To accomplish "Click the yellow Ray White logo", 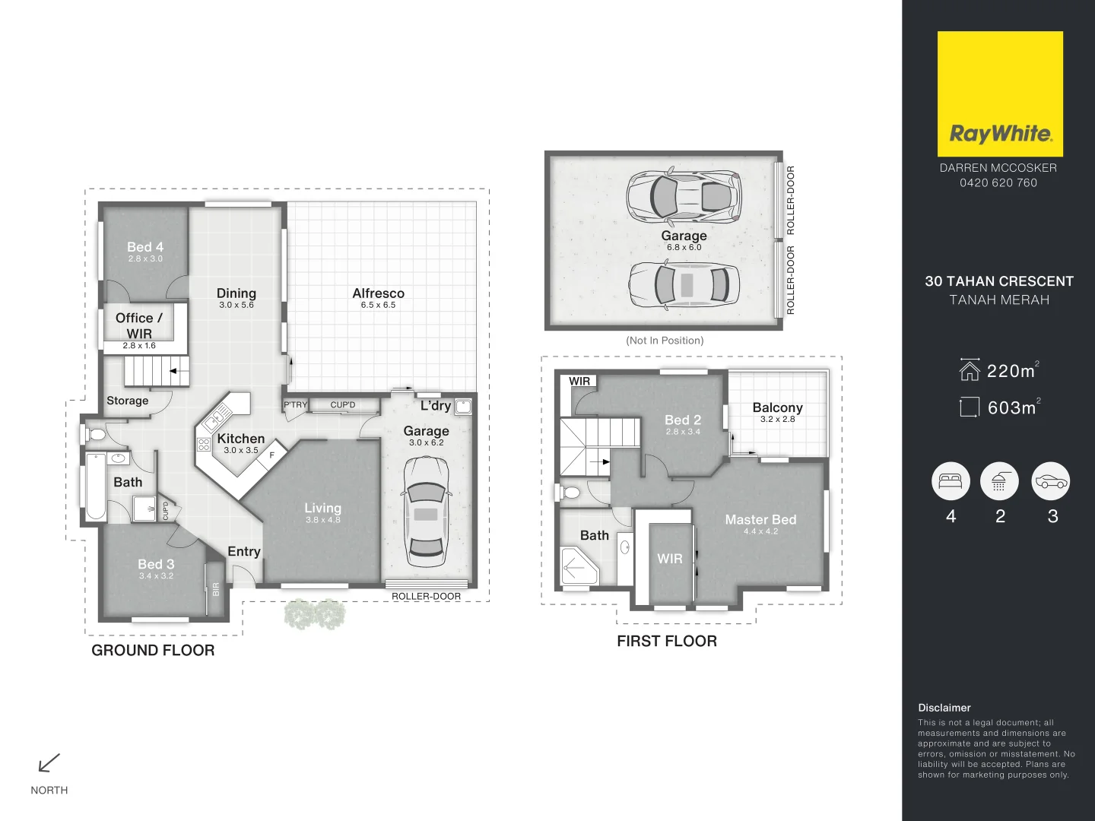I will click(999, 94).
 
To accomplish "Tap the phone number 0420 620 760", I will click(998, 182).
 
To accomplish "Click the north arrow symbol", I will click(49, 762).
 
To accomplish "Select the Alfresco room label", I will click(378, 293).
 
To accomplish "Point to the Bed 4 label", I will click(145, 247).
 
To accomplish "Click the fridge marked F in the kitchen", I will click(271, 455).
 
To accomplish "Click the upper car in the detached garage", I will click(684, 195).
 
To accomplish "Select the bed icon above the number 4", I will click(951, 481).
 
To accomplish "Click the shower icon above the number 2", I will click(999, 481).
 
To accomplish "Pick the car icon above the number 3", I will click(1050, 481).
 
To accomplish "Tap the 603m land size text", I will click(1011, 408).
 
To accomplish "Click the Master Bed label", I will click(760, 520).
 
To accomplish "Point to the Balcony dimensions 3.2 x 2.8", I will click(777, 419).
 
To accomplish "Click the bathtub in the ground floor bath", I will click(96, 487).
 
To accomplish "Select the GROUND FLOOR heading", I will click(153, 651).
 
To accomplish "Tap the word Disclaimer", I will click(944, 708).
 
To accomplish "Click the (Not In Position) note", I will click(665, 341).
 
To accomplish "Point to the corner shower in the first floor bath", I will click(578, 566).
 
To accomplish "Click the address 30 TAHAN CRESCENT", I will click(998, 281).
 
